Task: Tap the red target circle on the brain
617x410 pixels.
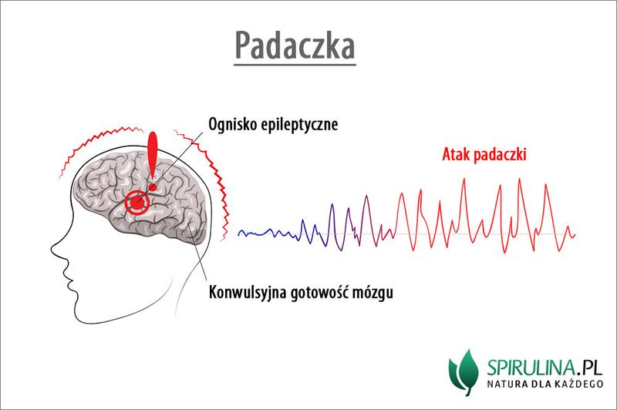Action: click(x=139, y=203)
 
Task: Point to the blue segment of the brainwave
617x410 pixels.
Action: click(x=266, y=231)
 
